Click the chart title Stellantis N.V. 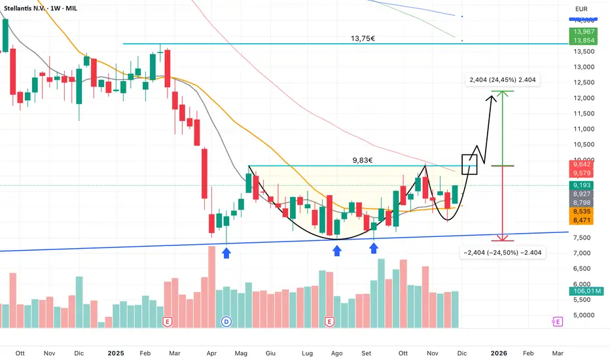31,9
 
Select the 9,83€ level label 363,159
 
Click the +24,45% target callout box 504,81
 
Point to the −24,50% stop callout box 503,251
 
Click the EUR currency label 580,9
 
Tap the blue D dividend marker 226,321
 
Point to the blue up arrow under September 373,248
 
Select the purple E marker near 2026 557,321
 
